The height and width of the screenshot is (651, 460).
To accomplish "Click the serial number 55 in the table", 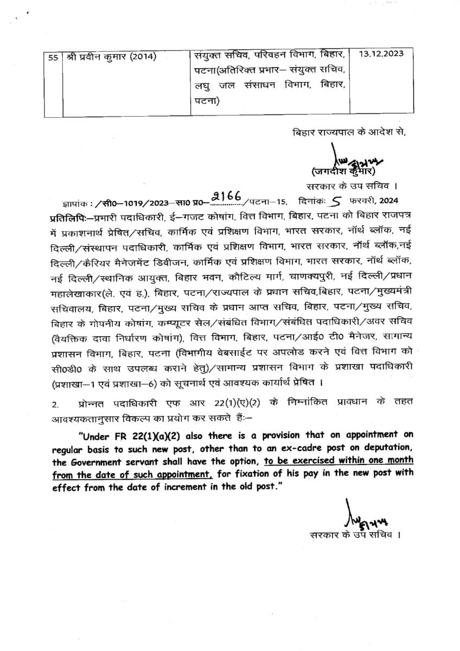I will tap(53, 57).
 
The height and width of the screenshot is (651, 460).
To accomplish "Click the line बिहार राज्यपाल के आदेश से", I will tap(348, 132).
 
